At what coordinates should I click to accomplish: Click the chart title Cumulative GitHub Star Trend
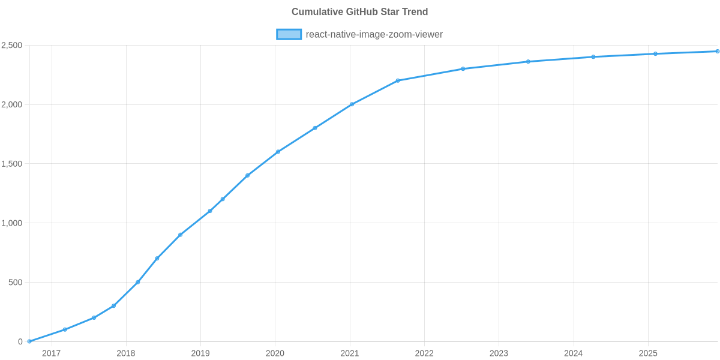click(x=359, y=12)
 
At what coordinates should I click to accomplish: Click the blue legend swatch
click(x=289, y=34)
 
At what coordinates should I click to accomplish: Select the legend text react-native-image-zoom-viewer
click(x=374, y=34)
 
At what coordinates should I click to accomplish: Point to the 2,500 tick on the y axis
click(x=12, y=46)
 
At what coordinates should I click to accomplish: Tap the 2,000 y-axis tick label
click(x=12, y=105)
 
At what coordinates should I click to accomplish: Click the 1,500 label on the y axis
click(x=12, y=164)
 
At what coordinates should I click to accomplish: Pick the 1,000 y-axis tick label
click(x=12, y=223)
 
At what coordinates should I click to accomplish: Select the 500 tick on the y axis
click(x=16, y=283)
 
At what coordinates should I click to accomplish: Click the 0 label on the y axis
click(x=20, y=342)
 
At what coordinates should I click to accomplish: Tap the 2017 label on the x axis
click(x=51, y=353)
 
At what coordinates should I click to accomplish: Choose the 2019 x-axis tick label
click(x=200, y=353)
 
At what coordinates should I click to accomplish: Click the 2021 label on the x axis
click(x=349, y=353)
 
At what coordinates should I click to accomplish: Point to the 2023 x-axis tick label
click(x=499, y=353)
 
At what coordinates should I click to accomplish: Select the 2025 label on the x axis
click(x=648, y=353)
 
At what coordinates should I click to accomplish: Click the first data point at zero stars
click(x=29, y=341)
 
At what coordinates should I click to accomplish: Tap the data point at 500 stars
click(x=138, y=282)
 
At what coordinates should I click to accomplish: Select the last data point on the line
click(x=717, y=52)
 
